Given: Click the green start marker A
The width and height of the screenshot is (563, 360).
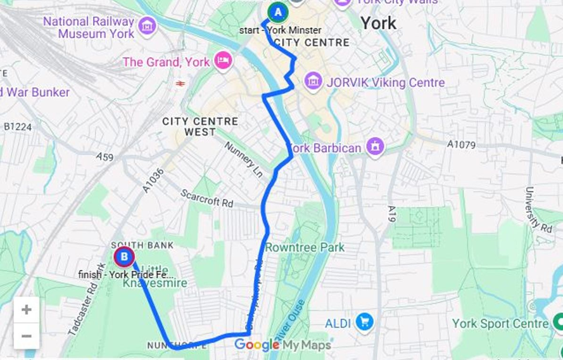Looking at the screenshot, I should (277, 11).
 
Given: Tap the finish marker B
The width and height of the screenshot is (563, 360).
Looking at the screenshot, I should (124, 257).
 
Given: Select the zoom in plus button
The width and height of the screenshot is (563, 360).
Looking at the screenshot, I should (27, 310).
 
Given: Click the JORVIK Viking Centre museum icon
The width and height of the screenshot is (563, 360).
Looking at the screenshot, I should (313, 81).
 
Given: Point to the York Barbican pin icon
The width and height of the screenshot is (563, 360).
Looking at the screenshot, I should (375, 148).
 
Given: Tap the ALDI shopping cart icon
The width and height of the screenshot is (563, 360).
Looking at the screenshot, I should (364, 323).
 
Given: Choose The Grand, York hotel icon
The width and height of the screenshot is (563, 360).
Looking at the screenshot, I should (222, 61).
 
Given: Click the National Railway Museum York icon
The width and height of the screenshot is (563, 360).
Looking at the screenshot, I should (147, 26).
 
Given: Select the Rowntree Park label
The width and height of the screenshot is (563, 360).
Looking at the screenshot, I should (305, 247).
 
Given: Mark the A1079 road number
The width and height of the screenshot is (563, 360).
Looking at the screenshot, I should (461, 145).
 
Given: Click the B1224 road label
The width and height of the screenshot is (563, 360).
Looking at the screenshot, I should (17, 127).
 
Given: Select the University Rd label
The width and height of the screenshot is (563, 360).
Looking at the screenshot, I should (538, 209).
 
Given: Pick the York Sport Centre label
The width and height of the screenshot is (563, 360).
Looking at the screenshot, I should (500, 324).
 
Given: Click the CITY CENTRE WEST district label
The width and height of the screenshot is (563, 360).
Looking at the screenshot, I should (200, 126).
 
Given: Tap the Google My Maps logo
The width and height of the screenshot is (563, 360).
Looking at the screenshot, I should (282, 345).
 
